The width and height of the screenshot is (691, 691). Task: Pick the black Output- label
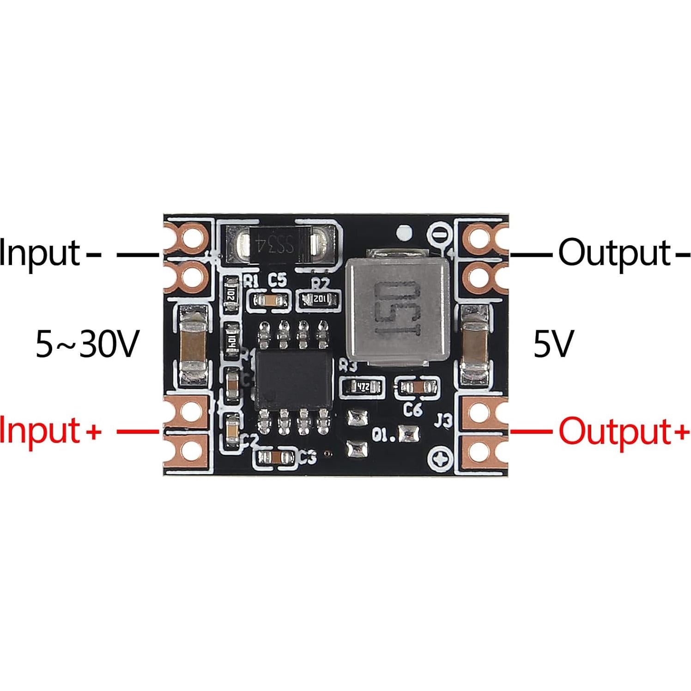coord(621,253)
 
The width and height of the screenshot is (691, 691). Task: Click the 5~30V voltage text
coord(87,344)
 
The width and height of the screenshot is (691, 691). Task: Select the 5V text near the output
coord(553,344)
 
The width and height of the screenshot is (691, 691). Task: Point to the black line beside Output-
coord(531,254)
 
